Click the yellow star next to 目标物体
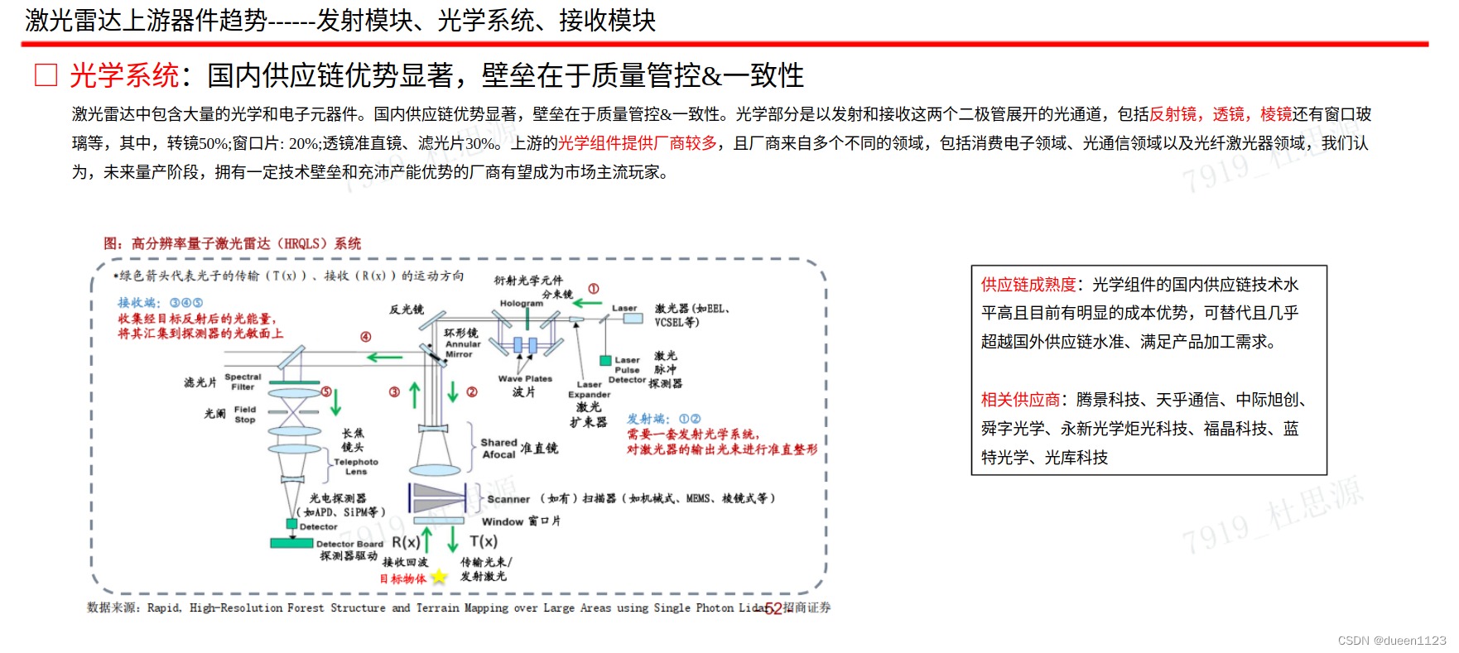(x=439, y=577)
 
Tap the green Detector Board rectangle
(x=291, y=543)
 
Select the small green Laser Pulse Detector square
(x=605, y=360)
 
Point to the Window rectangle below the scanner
(x=439, y=521)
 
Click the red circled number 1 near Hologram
(x=593, y=289)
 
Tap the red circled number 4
(x=365, y=337)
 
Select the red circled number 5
(x=326, y=391)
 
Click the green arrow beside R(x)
(x=427, y=540)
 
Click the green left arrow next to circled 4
(x=384, y=358)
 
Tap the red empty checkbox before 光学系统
(x=46, y=75)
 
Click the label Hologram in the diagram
(x=521, y=304)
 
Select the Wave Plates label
(x=525, y=379)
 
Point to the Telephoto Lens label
(x=356, y=467)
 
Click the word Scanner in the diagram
(x=508, y=499)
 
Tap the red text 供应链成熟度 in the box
(x=1028, y=285)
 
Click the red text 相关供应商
(x=1019, y=400)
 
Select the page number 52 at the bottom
(x=773, y=609)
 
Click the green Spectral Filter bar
(x=293, y=382)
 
